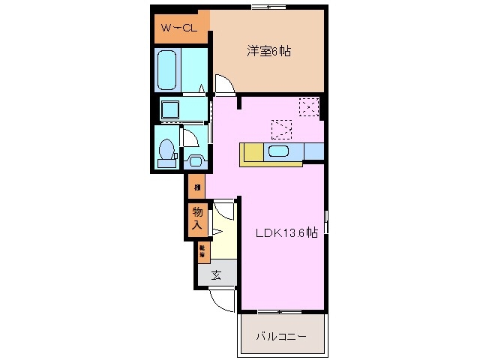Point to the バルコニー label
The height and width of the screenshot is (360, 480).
pos(282,337)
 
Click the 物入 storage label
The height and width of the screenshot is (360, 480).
pos(196,218)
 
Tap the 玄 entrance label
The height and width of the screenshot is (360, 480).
pos(216,275)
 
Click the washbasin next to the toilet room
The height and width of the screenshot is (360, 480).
pos(197,160)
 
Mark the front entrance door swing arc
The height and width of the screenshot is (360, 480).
pos(223,300)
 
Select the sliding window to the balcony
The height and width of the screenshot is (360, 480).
pos(282,310)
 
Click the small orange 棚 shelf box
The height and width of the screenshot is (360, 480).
pos(196,187)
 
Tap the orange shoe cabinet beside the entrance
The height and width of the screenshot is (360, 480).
pos(202,251)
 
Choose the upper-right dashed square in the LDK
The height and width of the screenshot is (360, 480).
pos(309,106)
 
